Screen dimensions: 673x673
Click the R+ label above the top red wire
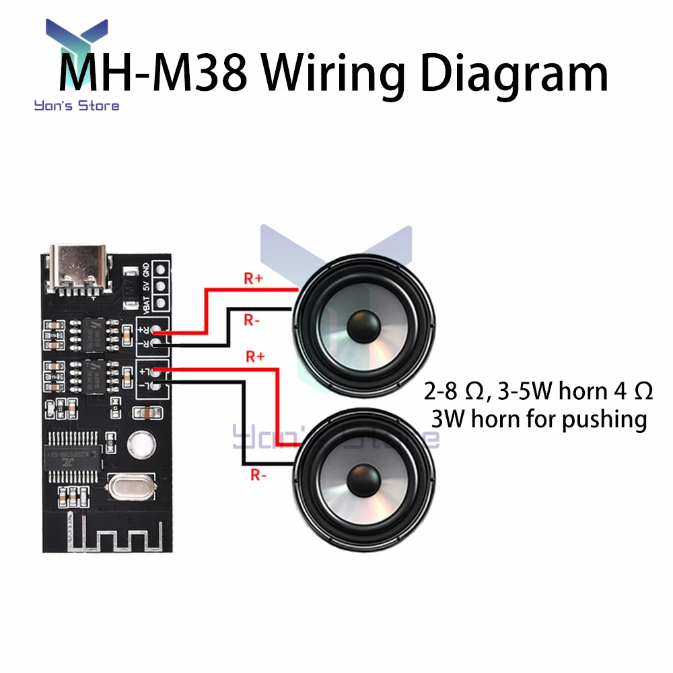254,279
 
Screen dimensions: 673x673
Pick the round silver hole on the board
141,443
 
